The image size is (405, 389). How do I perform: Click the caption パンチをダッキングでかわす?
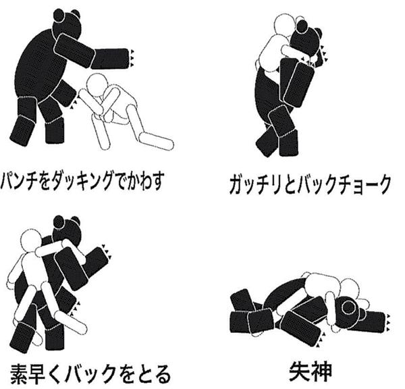click(x=82, y=180)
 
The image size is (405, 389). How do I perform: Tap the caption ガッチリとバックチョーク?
click(x=309, y=184)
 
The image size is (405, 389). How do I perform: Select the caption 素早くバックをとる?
click(x=90, y=374)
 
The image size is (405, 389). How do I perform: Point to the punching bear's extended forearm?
click(x=110, y=58)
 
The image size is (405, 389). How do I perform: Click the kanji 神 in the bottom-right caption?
click(x=321, y=371)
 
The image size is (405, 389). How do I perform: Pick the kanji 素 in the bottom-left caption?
click(x=21, y=374)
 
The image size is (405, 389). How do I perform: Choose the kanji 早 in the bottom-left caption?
click(x=44, y=374)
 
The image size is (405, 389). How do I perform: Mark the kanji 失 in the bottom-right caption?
click(x=299, y=371)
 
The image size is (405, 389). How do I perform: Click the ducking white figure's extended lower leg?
click(x=157, y=141)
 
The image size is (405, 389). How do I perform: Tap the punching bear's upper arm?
click(x=74, y=51)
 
